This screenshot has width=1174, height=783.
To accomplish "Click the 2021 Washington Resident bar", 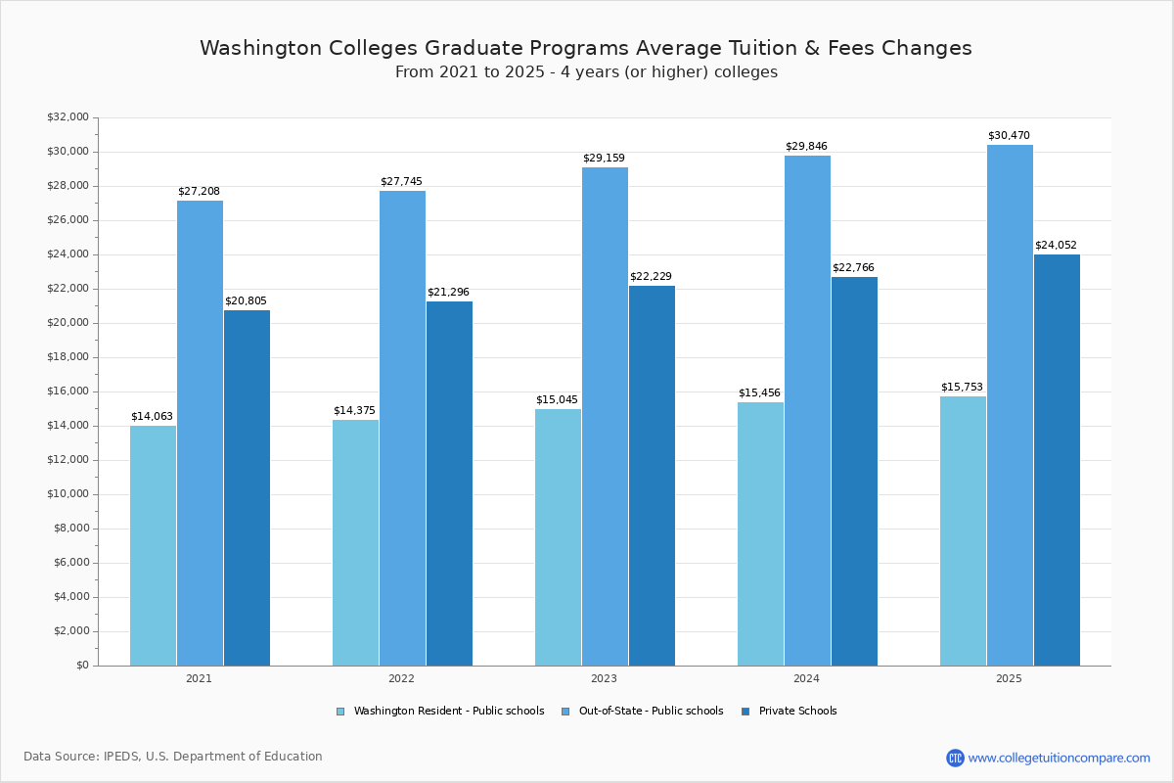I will pos(153,545).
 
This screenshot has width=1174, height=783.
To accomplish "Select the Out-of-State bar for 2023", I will pos(605,416).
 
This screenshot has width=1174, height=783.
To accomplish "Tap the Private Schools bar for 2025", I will pos(1057,460).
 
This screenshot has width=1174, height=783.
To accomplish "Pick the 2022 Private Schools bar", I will pos(449,484).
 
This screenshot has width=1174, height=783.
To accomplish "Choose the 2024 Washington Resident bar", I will pos(760,533).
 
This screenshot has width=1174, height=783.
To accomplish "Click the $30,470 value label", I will pos(1009,136).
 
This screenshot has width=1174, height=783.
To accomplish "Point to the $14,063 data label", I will pos(152,417).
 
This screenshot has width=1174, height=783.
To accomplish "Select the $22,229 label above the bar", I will pos(651,277).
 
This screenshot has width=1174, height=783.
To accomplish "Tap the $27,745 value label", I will pos(401,182).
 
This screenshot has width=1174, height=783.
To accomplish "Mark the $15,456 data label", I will pos(759,393).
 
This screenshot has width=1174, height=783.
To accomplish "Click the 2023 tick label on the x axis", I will pos(604,678).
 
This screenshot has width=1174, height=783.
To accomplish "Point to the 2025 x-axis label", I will pos(1009,678).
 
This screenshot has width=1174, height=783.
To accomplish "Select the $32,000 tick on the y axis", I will pos(68,117).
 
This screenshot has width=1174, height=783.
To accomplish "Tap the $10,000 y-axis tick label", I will pos(68,494).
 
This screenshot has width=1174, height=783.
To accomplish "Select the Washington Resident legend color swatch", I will pos(340,712).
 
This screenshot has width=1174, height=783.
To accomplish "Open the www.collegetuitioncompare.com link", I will pos(1059,758).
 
